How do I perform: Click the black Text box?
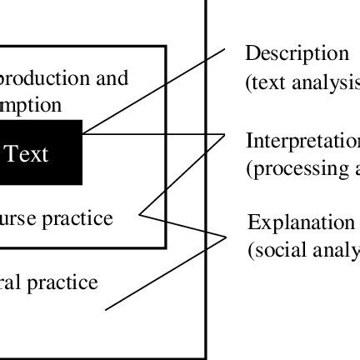40,152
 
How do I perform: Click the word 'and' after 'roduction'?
114,78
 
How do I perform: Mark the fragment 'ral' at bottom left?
11,282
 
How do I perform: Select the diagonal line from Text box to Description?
154,91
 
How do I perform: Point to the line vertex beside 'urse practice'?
140,215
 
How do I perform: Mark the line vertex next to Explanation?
226,237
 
